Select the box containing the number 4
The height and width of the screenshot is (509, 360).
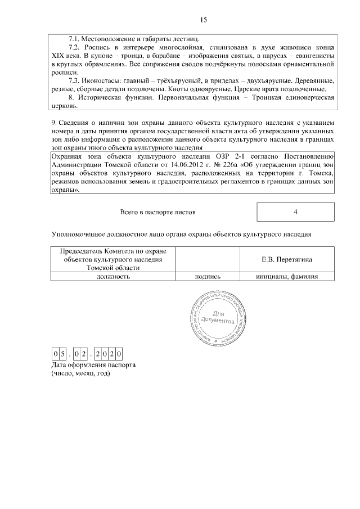pos(295,212)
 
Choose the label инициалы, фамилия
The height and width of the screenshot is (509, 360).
pos(287,276)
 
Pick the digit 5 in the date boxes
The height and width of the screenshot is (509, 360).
pos(63,354)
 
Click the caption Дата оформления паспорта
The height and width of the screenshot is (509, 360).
pos(93,364)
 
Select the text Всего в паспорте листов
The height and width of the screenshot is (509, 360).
pos(158,213)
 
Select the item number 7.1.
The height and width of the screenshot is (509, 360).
pos(74,39)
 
